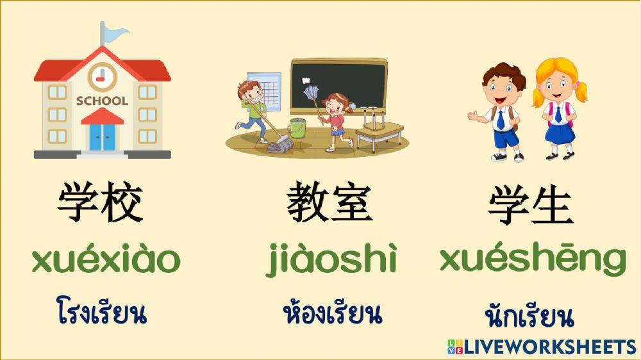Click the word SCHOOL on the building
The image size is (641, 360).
102,101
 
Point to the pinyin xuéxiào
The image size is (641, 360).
106,259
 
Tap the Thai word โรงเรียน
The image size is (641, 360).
101,313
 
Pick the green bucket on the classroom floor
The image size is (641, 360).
297,128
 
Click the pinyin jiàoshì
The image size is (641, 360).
331,259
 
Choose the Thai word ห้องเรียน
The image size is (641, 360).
332,313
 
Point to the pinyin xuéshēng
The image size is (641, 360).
533,259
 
